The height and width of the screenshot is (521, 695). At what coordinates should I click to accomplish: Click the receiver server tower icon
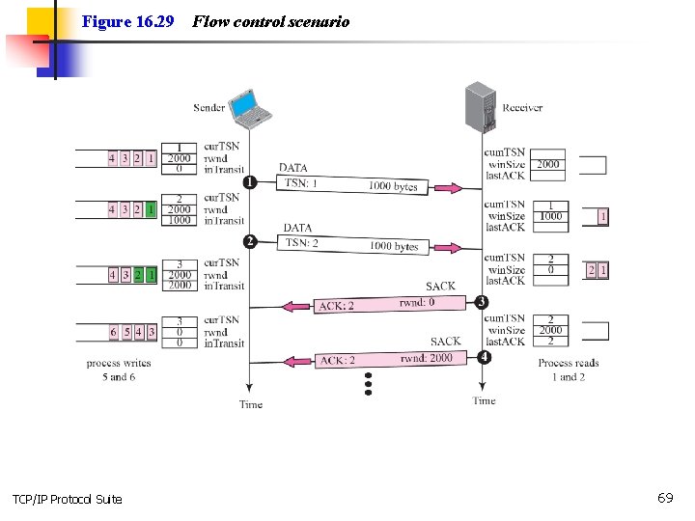coord(480,107)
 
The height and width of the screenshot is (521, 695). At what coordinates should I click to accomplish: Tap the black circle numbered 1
coord(249,181)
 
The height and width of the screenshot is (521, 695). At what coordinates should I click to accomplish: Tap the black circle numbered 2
coord(249,241)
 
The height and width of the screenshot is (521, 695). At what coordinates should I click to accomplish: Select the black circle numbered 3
coord(483,302)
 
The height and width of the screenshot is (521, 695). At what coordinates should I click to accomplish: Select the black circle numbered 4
coord(483,356)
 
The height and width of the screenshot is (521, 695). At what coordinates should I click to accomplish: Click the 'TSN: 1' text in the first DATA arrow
coord(301,183)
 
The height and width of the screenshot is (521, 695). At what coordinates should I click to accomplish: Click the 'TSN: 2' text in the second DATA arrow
coord(301,243)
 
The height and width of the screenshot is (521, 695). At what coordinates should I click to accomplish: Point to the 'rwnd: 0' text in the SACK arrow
coord(417,303)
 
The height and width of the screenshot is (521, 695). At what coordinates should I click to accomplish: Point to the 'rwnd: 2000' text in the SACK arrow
coord(426,358)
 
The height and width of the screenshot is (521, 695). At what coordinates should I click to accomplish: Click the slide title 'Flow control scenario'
coord(271,21)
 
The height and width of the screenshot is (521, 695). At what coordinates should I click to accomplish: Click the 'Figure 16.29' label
coord(127,21)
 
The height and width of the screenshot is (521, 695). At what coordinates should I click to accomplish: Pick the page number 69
coord(665,498)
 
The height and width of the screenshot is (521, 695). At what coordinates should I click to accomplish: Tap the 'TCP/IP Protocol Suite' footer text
coord(68,499)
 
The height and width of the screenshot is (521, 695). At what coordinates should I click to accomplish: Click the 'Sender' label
coord(208,108)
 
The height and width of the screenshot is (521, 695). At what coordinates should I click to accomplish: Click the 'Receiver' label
coord(522,108)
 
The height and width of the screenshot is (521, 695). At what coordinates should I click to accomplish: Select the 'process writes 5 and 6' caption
coord(119,370)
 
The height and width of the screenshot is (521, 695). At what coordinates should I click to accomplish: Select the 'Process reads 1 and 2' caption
coord(569,370)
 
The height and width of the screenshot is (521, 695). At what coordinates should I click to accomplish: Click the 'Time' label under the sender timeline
coord(251,404)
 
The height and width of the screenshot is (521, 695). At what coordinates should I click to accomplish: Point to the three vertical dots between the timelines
coord(368,385)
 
